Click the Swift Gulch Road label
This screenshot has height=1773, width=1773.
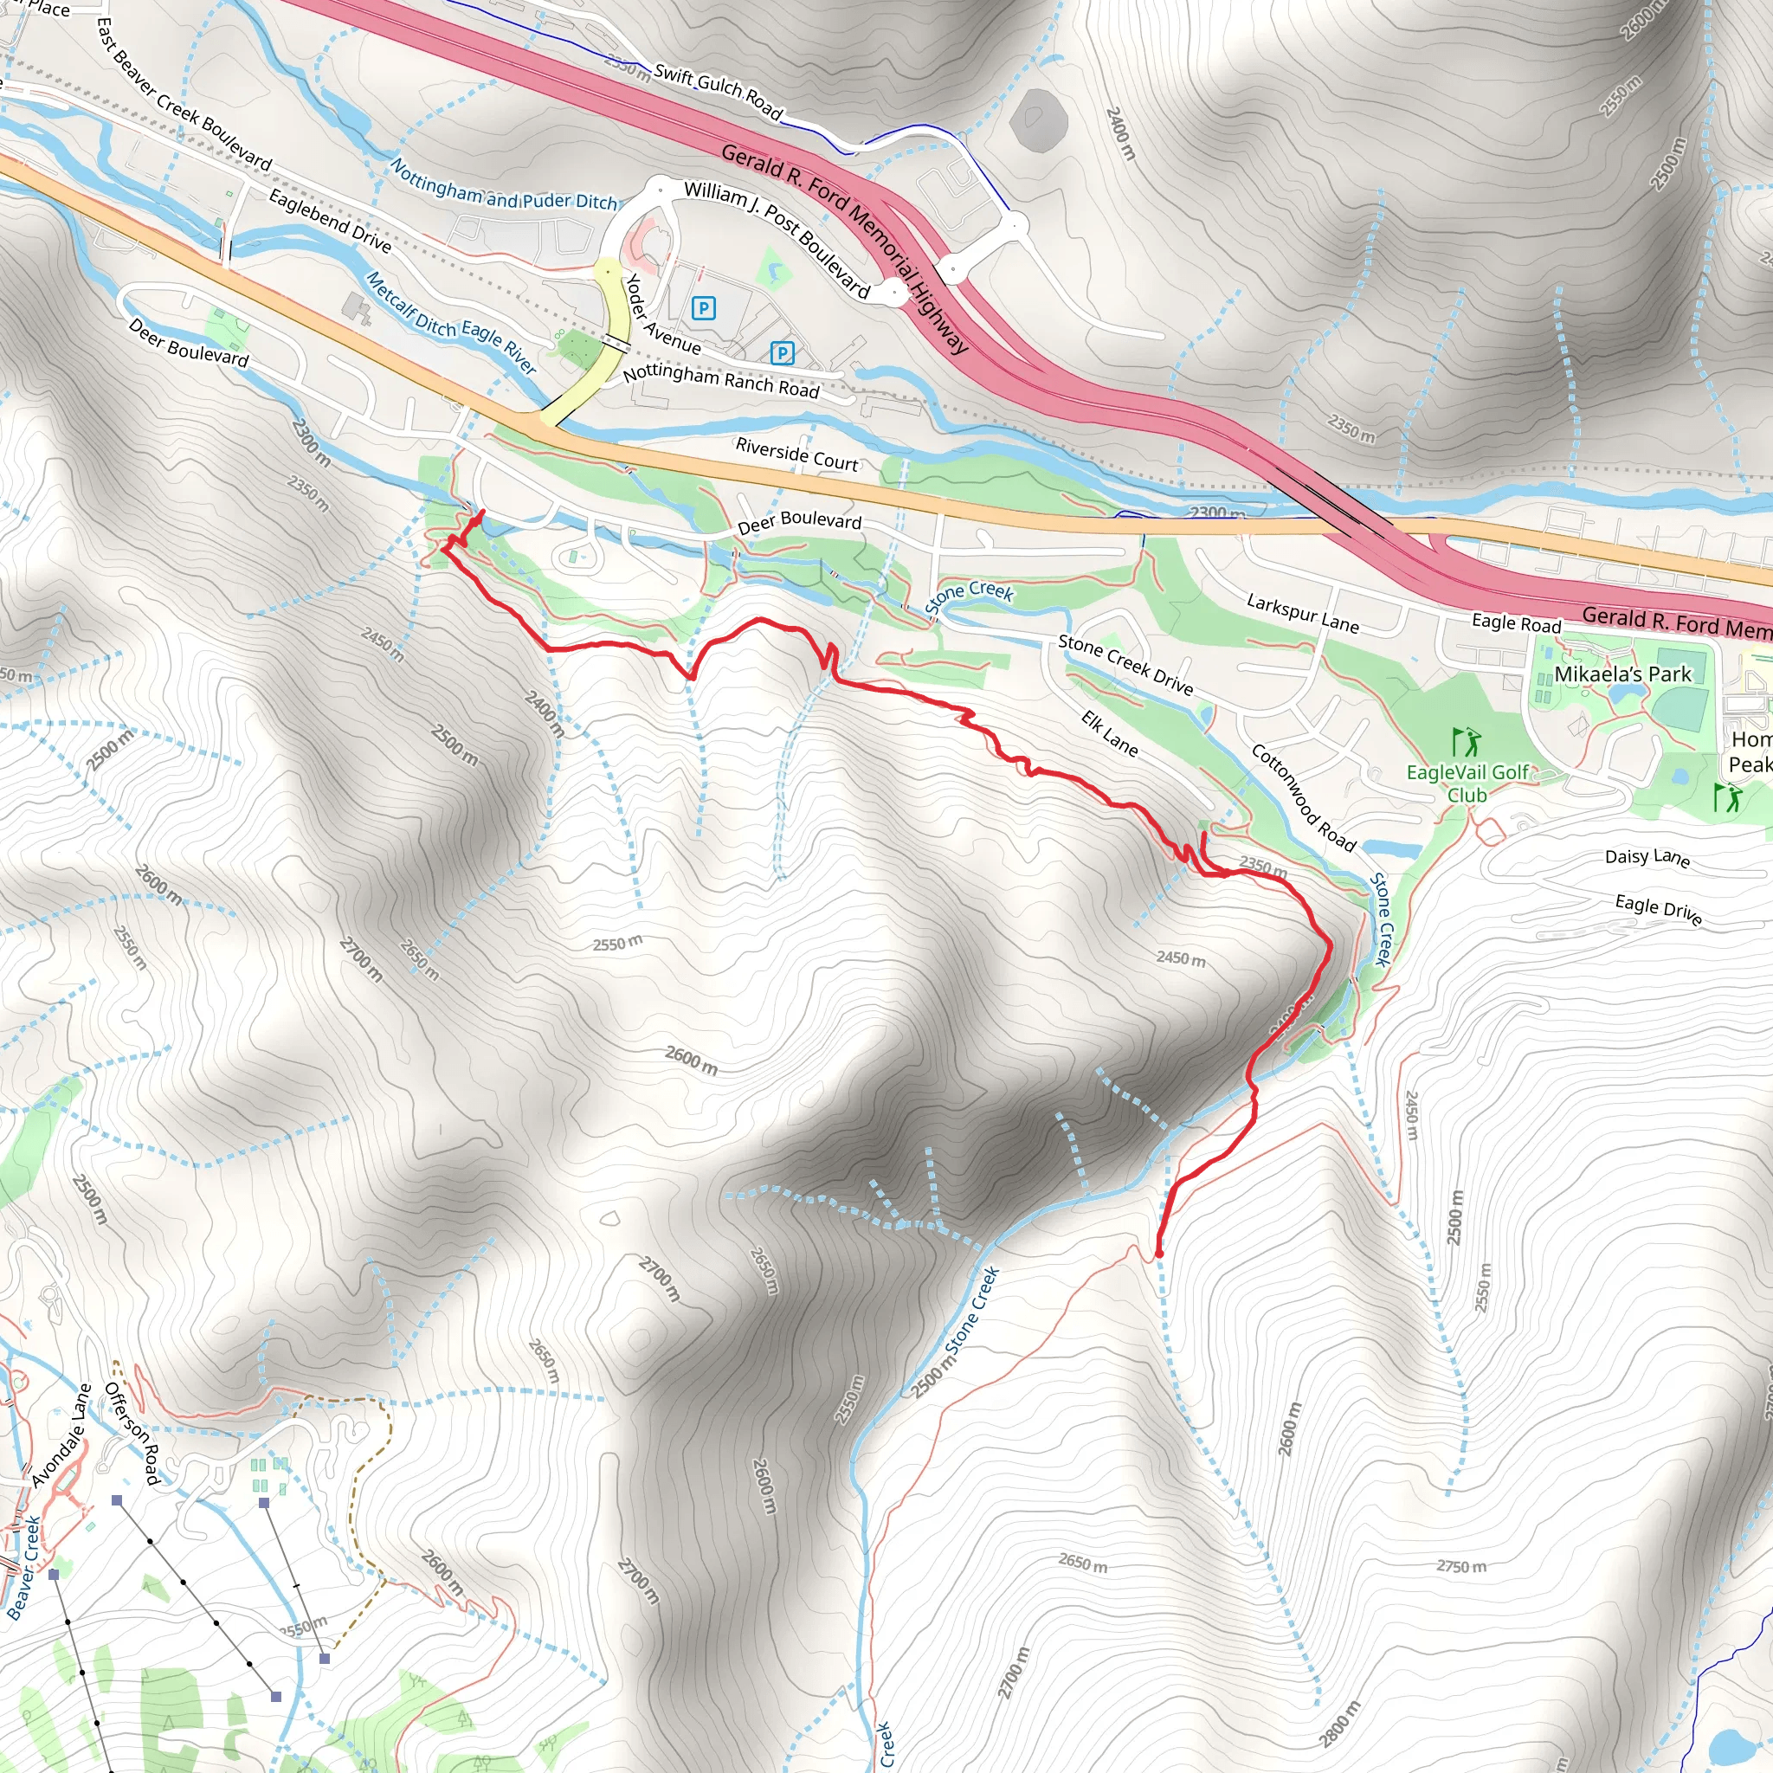718,92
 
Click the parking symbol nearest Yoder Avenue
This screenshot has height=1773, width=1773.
704,308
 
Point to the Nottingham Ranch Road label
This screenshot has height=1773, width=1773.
720,381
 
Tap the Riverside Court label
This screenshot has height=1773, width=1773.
796,455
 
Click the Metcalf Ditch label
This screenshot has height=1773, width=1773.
410,304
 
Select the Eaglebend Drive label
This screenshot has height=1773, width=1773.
331,220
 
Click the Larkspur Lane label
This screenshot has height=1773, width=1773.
1302,614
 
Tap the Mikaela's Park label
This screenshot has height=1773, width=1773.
1622,674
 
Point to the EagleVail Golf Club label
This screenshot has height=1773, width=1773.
1467,783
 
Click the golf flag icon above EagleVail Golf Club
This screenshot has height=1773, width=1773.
1467,740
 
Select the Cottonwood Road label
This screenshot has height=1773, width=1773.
1303,797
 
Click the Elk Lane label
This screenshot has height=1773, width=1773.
1110,733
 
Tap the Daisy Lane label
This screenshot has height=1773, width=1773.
1647,857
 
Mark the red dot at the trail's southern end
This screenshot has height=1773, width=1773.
1159,1254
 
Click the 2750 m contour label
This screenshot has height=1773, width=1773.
1461,1566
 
